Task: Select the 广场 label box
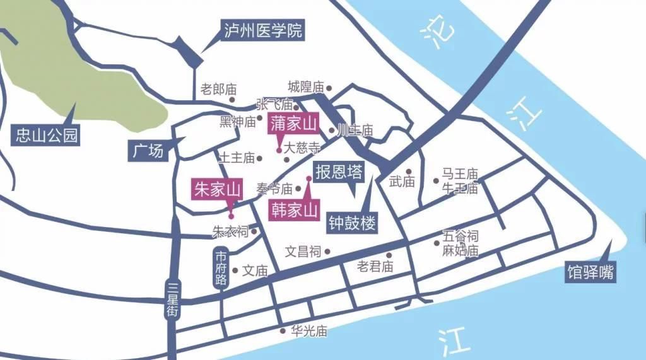click(x=148, y=151)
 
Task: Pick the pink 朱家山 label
click(x=218, y=189)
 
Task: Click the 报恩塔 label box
click(x=339, y=171)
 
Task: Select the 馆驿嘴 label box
click(x=590, y=273)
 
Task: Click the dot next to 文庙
click(x=236, y=271)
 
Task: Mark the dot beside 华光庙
click(x=283, y=330)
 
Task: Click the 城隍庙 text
click(x=305, y=87)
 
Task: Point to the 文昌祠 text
click(x=303, y=252)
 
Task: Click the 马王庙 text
click(x=459, y=173)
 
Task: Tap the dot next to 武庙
click(x=409, y=171)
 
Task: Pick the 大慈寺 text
click(x=302, y=149)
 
